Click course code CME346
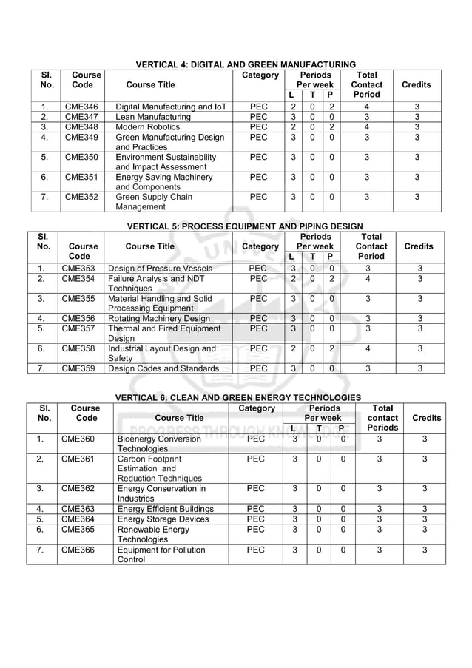click(81, 107)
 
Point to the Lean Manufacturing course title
click(153, 117)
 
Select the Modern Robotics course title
click(148, 127)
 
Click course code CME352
click(81, 198)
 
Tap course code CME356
click(78, 319)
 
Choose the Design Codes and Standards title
click(163, 368)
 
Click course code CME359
click(78, 368)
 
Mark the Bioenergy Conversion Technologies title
click(159, 444)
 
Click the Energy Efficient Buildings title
click(166, 509)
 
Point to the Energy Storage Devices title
click(163, 519)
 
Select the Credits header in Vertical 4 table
click(416, 85)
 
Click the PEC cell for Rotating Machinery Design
click(258, 319)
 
